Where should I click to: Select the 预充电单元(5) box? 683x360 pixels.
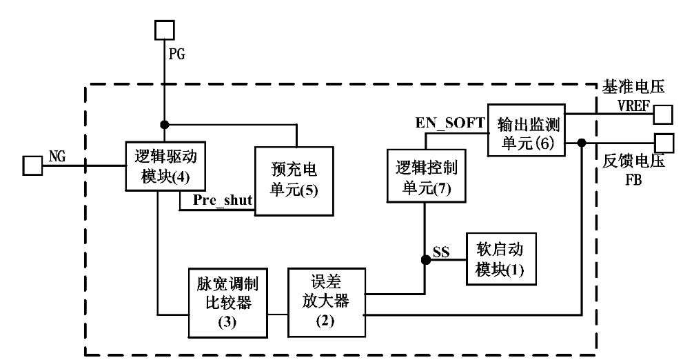coord(294,181)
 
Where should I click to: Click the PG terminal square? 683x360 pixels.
coord(163,30)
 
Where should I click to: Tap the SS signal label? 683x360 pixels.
coord(441,254)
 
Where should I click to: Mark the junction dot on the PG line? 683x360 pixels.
coord(164,126)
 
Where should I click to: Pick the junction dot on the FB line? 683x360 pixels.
coord(582,143)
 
